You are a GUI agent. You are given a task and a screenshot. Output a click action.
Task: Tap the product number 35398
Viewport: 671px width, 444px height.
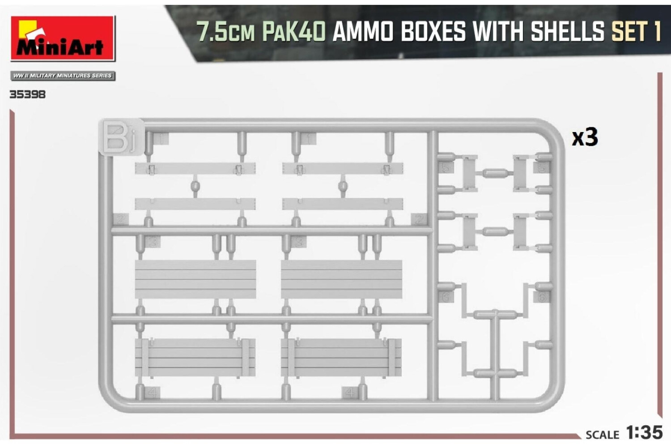click(27, 94)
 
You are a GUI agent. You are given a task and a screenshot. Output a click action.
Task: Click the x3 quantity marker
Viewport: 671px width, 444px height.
click(584, 137)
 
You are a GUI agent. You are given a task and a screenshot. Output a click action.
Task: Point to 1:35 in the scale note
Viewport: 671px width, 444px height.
click(644, 432)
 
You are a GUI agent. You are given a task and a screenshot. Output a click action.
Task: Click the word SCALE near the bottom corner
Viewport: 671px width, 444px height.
click(602, 435)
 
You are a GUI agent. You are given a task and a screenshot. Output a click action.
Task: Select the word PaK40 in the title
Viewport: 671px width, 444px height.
click(293, 32)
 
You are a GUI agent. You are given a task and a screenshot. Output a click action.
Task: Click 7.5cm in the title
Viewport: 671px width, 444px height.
click(225, 32)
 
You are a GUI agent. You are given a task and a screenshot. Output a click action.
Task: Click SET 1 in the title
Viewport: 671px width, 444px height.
click(636, 32)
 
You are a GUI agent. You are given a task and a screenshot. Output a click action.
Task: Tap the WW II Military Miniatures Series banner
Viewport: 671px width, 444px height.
click(63, 76)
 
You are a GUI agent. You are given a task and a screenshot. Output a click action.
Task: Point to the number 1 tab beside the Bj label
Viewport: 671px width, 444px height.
click(162, 139)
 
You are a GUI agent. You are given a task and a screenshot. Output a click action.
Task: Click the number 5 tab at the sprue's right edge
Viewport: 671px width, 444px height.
click(543, 168)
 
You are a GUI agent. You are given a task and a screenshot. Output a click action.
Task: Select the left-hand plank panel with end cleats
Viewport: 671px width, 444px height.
click(195, 357)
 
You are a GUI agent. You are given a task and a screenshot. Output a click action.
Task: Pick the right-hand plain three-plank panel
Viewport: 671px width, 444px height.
click(341, 279)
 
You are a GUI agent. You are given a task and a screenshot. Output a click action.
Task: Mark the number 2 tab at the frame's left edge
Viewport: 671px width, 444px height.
click(121, 219)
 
